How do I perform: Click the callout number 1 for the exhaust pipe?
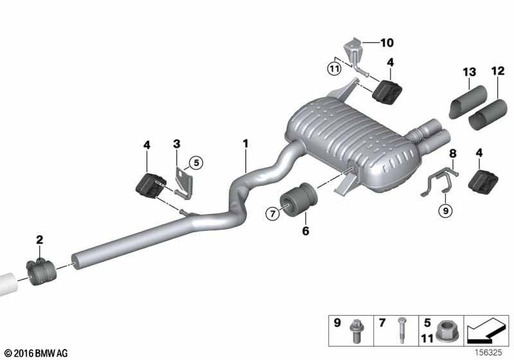pos(245,143)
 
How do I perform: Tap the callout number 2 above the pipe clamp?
pos(39,240)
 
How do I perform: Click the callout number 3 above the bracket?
pos(177,143)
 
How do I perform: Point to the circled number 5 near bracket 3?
pos(196,163)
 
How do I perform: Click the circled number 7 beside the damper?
pos(272,214)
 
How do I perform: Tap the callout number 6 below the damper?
pos(305,231)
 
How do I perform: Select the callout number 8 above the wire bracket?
pos(452,153)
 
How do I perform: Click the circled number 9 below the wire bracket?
pos(445,210)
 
